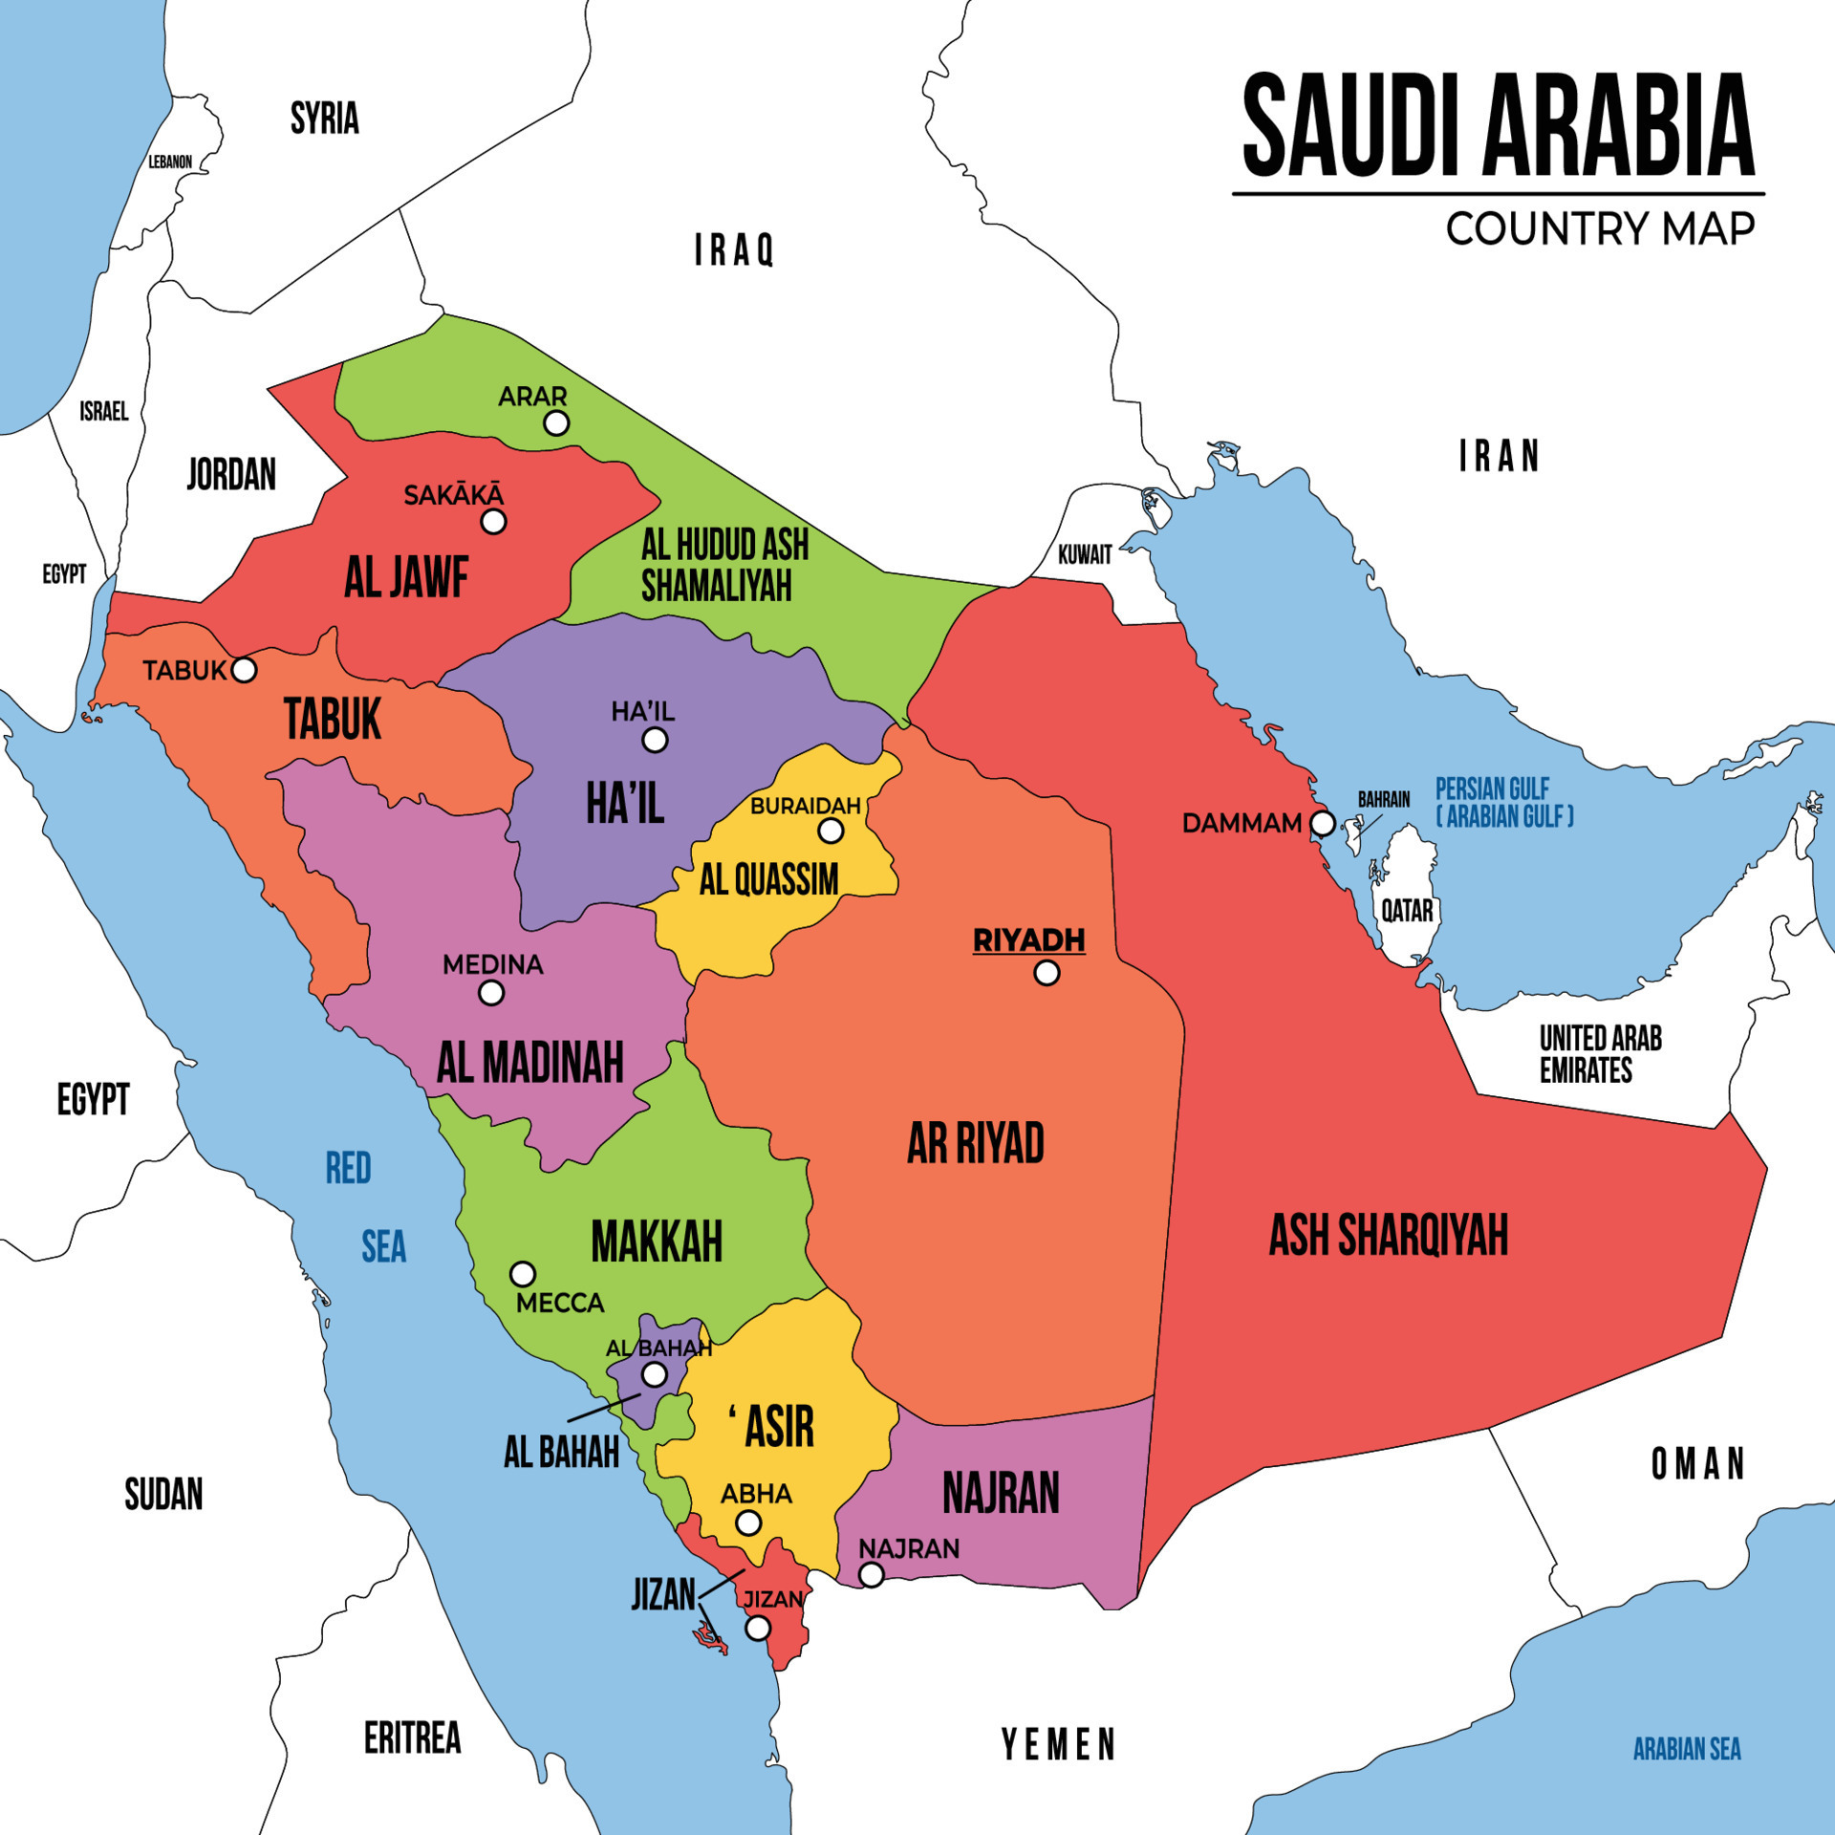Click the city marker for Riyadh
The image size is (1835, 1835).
click(1047, 973)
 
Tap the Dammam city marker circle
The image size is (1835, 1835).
click(1322, 823)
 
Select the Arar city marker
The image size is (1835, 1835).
click(556, 422)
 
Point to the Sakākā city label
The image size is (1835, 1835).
click(453, 495)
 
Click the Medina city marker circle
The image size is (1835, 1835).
click(491, 993)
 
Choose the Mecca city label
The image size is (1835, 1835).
click(560, 1303)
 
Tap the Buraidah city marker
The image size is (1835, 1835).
click(831, 831)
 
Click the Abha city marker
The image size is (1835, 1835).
click(748, 1522)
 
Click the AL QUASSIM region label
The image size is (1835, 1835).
click(768, 879)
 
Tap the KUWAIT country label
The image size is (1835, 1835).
click(1085, 554)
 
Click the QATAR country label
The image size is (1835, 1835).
click(1407, 911)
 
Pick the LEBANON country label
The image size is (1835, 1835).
click(170, 162)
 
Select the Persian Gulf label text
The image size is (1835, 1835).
click(1503, 803)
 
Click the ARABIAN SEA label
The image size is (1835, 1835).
click(1687, 1749)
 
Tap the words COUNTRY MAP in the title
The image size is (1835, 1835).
click(1600, 229)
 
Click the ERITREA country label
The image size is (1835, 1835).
click(412, 1738)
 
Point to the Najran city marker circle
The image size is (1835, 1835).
click(871, 1574)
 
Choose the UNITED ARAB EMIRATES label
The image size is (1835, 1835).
click(1600, 1053)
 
